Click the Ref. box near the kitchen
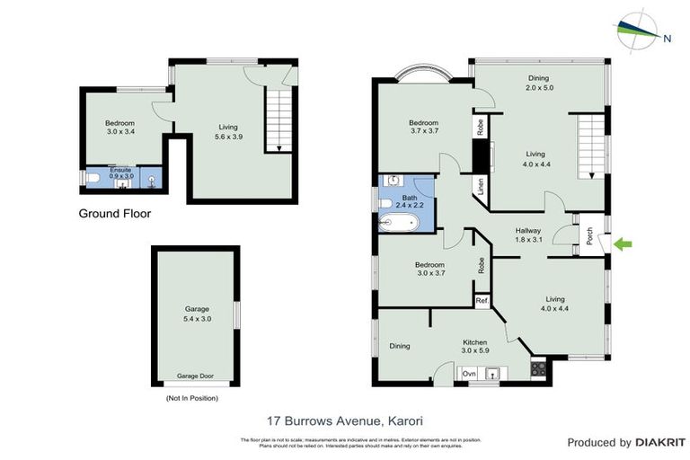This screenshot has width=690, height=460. [482, 300]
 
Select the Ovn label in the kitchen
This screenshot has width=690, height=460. [469, 372]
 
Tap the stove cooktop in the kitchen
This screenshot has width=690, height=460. [539, 367]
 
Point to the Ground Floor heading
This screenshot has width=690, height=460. [114, 214]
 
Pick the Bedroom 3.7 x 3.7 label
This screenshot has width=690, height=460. [423, 127]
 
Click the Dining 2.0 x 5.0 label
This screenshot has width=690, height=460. [538, 83]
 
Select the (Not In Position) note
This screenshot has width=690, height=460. [191, 397]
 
